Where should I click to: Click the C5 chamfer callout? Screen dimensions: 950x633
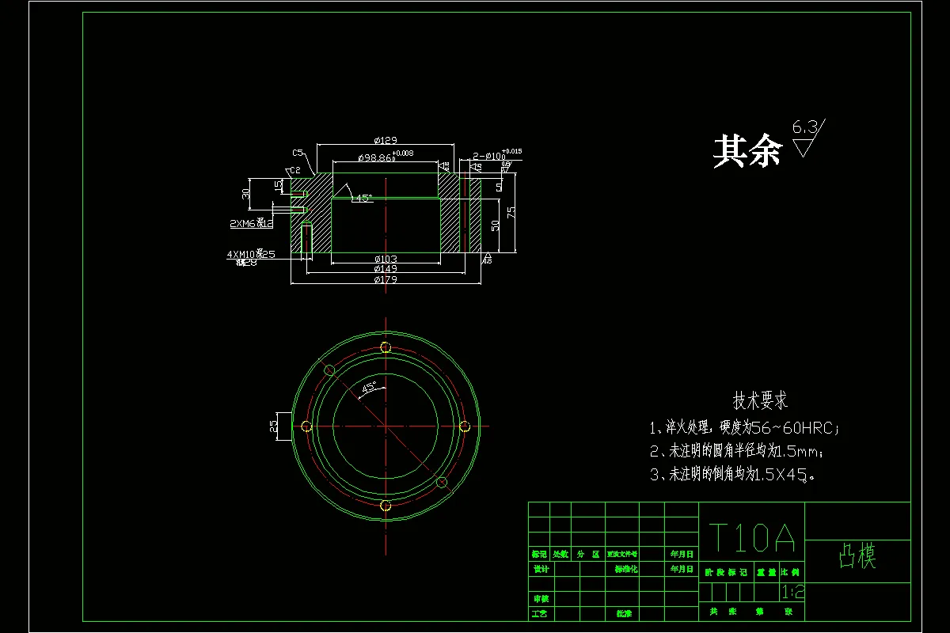[298, 152]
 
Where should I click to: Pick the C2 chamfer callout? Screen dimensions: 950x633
[294, 170]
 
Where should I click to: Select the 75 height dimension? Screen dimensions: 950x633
[512, 211]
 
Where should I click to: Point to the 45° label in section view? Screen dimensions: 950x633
[363, 199]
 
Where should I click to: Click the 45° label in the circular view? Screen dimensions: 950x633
[369, 388]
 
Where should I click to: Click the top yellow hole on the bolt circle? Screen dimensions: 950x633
[386, 347]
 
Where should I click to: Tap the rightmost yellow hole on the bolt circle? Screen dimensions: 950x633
[465, 426]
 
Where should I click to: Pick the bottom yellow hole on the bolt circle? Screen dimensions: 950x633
[386, 506]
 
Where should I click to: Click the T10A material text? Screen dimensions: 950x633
[751, 538]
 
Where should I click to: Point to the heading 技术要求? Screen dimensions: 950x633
[760, 401]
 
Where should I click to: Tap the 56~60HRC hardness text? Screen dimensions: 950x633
[792, 429]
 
